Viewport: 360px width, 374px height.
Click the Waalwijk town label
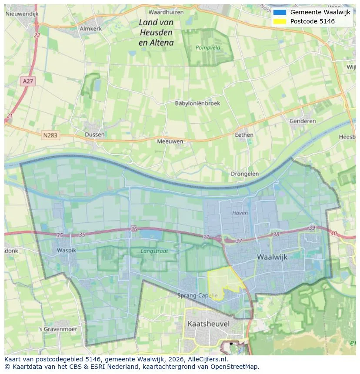[x=272, y=257]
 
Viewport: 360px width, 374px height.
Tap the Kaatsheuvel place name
[x=208, y=324]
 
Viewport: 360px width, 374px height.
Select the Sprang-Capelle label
[x=197, y=295]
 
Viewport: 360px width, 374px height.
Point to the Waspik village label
[x=67, y=251]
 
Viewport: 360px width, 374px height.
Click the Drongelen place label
[x=244, y=174]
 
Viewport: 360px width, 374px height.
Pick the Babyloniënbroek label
[x=197, y=103]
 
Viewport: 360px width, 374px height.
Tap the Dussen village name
[x=94, y=135]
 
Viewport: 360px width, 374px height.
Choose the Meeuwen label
[x=170, y=141]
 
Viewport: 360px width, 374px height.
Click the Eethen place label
[x=244, y=135]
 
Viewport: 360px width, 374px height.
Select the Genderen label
[x=303, y=121]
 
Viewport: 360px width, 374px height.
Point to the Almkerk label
[x=90, y=29]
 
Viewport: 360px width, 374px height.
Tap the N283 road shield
[x=51, y=136]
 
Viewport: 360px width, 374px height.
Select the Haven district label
[x=240, y=213]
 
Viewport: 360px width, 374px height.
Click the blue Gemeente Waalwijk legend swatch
[x=280, y=12]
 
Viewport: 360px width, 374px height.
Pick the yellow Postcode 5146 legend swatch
[x=280, y=21]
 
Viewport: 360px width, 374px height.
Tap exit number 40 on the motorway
[x=333, y=233]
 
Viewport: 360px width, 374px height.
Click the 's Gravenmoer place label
[x=58, y=329]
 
